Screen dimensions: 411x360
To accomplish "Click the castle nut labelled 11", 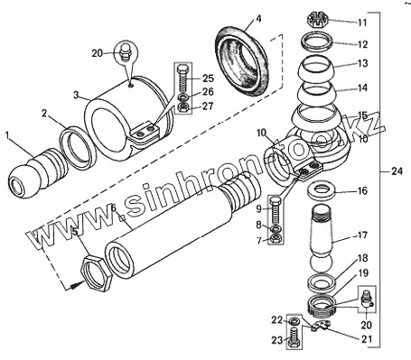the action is click(x=317, y=20).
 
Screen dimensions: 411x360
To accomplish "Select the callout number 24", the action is click(x=397, y=171).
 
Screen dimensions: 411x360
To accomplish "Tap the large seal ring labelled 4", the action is click(x=242, y=61).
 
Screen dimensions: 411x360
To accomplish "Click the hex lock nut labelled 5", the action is click(x=97, y=273).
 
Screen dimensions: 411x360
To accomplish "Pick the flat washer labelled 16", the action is click(x=322, y=190).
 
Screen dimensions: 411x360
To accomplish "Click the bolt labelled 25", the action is click(x=183, y=79).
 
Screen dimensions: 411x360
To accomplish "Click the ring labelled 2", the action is click(x=79, y=148).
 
